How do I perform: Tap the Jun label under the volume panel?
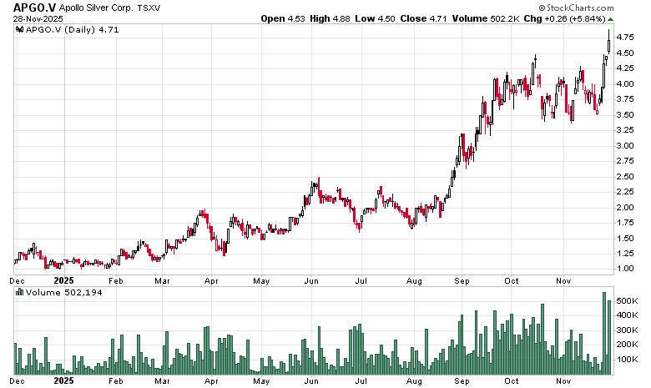tap(311, 380)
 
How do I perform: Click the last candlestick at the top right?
tap(609, 41)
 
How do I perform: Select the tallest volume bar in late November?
tap(603, 333)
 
